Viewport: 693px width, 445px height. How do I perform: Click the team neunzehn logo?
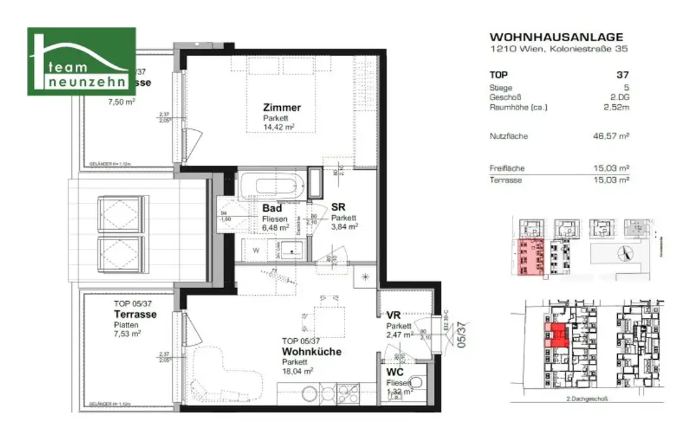[x=81, y=62]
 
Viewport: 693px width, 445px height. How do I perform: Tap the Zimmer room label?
[x=282, y=108]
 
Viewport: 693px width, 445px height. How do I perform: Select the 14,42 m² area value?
[x=278, y=126]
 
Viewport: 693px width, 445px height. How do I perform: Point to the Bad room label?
[x=273, y=208]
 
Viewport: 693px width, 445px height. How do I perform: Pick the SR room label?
[x=339, y=208]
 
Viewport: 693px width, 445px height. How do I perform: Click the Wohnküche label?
[x=312, y=352]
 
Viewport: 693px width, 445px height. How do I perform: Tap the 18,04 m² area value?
[x=298, y=371]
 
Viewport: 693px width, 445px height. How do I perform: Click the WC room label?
[x=396, y=373]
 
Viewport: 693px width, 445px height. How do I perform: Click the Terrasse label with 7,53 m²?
[x=135, y=314]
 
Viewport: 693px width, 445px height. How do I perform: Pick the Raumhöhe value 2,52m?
[x=617, y=107]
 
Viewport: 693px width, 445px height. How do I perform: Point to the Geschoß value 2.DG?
[x=619, y=97]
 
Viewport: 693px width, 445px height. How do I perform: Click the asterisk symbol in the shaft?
[x=366, y=277]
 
